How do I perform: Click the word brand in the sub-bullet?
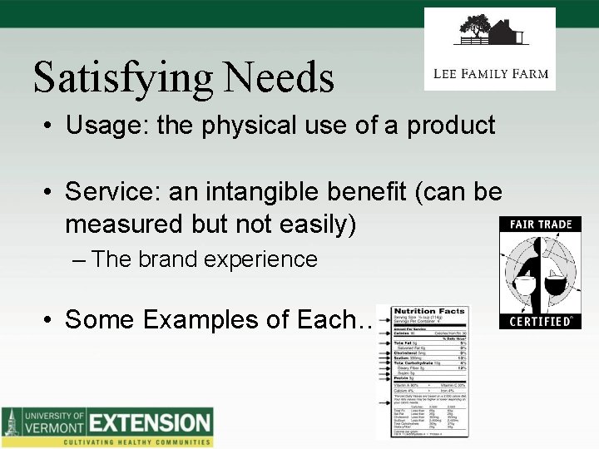(167, 259)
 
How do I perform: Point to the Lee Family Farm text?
(491, 73)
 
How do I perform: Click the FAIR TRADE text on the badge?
(540, 225)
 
